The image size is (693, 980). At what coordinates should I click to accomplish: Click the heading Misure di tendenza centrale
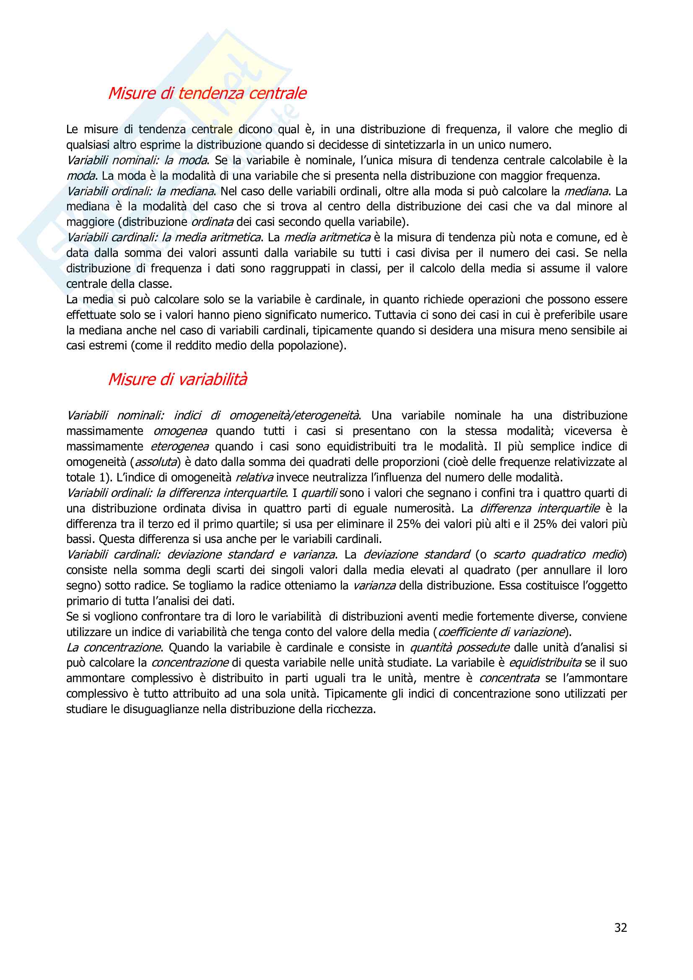207,93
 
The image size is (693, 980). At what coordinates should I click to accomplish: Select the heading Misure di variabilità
177,379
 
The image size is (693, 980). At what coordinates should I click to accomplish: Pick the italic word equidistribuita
545,663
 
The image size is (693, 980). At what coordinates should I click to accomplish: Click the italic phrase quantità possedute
459,647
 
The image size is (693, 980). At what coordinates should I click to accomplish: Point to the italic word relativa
254,477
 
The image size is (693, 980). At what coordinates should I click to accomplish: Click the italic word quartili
319,493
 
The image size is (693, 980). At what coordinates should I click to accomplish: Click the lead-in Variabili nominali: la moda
137,160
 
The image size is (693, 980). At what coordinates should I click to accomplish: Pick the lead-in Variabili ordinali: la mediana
140,191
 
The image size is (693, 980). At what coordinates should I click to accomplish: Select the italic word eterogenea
180,447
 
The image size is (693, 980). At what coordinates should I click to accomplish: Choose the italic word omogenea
180,431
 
